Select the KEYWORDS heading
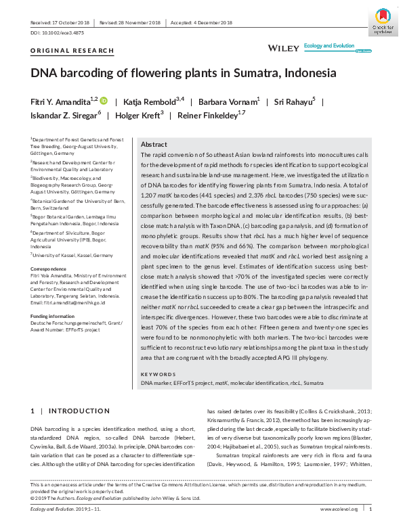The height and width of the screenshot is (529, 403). point(158,374)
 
